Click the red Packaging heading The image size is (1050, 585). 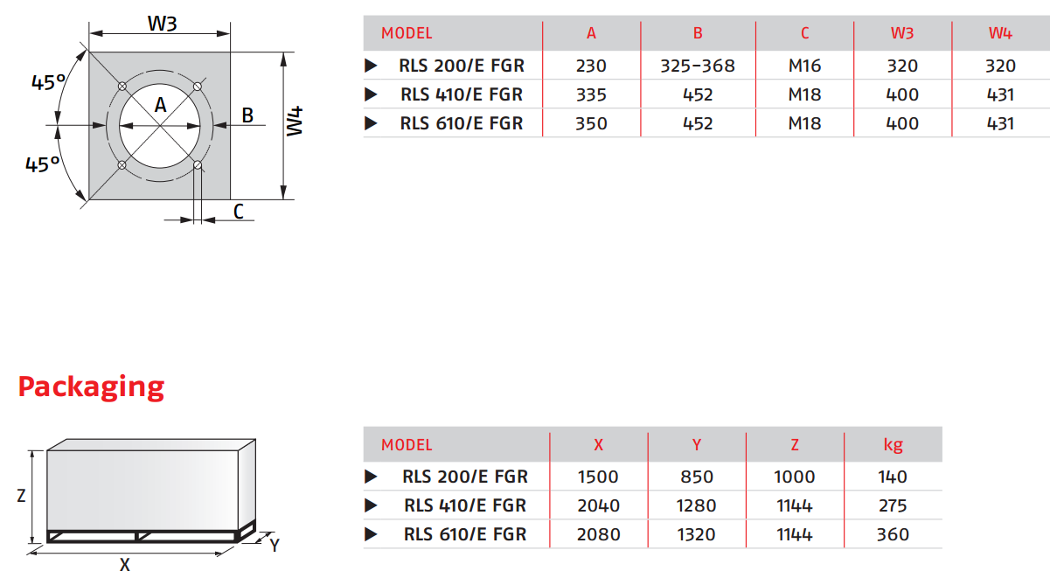pos(91,387)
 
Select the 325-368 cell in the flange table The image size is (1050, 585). pos(698,66)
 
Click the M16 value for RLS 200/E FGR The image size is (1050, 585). pos(804,66)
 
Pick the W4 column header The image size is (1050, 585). pos(1000,33)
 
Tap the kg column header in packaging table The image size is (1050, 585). pos(893,444)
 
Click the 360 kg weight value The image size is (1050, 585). pos(893,534)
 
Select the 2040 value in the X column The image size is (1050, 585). pos(598,505)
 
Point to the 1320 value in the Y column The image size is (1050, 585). pos(696,534)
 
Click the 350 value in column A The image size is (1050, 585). pos(591,123)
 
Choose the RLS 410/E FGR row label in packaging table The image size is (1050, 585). pos(465,505)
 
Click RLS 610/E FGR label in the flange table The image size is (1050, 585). pos(462,123)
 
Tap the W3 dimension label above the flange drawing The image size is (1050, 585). pos(162,24)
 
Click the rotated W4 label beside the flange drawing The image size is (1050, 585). pos(296,121)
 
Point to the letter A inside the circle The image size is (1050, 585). pos(160,105)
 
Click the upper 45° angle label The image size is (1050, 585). pos(48,83)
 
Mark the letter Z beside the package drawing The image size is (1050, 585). pos(21,496)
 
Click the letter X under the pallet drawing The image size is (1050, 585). pos(125,565)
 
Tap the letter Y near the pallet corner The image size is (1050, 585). pos(275,546)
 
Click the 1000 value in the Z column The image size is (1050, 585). pos(794,477)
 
